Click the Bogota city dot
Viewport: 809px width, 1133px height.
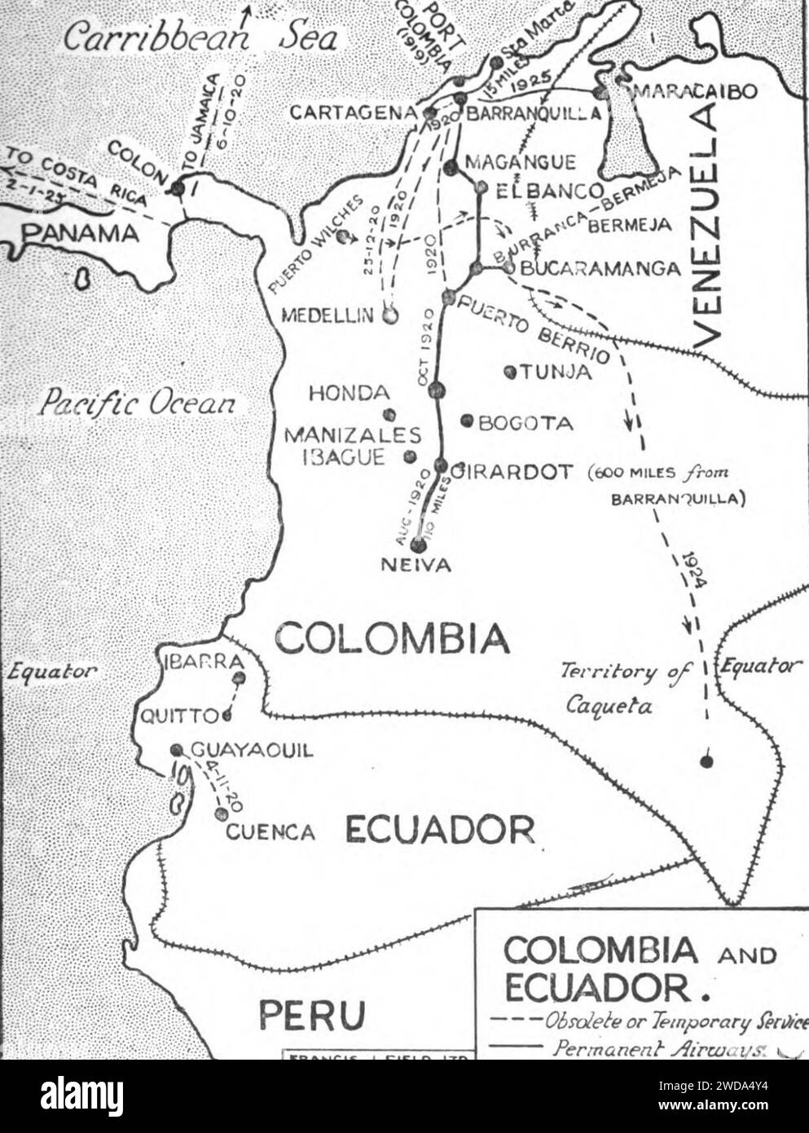click(x=467, y=421)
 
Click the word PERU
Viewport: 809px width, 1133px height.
click(x=311, y=1015)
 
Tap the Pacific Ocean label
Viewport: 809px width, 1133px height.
click(x=139, y=403)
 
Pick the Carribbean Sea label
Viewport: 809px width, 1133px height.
click(x=200, y=37)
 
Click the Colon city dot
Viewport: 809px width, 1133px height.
click(x=178, y=188)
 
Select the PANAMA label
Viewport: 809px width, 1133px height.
click(x=80, y=233)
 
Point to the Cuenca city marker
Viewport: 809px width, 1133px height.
click(x=220, y=813)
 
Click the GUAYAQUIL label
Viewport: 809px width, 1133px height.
click(x=251, y=751)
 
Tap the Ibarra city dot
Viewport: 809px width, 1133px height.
click(x=239, y=677)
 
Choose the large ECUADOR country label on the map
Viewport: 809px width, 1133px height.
click(x=440, y=829)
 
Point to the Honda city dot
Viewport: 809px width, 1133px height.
click(x=389, y=413)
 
